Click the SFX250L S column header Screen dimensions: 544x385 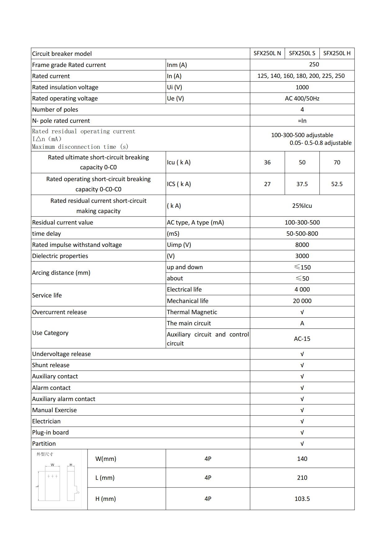[302, 53]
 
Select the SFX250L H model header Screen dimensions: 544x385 [337, 53]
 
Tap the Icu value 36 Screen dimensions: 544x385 [267, 163]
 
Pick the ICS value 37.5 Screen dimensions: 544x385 [302, 184]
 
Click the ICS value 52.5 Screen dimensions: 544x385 [337, 184]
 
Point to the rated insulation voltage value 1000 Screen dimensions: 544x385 [302, 87]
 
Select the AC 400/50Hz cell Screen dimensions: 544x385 [302, 99]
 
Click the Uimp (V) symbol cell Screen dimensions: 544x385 [179, 245]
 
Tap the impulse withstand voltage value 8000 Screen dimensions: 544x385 [302, 245]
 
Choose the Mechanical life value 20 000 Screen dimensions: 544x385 [302, 301]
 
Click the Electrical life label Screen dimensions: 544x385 [184, 290]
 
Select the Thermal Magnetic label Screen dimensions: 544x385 [192, 312]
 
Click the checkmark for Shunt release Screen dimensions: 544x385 [302, 365]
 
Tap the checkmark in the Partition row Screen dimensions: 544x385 [302, 444]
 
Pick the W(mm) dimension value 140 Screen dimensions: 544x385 [302, 459]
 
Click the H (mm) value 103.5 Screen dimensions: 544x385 [302, 499]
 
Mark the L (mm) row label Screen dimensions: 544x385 [105, 478]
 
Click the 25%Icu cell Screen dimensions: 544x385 [302, 206]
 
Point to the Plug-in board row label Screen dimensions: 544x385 [50, 433]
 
